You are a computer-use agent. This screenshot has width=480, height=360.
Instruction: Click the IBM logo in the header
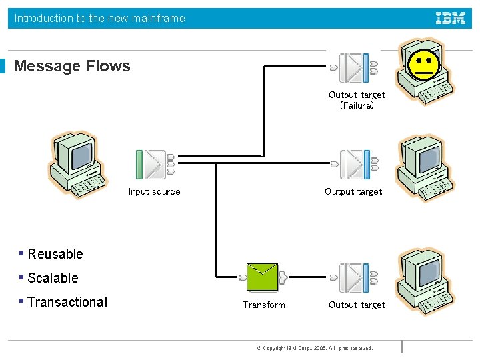[x=451, y=19]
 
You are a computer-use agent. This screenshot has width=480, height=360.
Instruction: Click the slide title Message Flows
[x=72, y=66]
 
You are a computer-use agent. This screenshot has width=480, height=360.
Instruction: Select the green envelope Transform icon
[x=262, y=276]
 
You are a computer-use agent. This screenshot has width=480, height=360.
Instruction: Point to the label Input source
[x=154, y=192]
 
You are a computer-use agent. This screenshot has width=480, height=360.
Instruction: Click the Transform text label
[x=263, y=305]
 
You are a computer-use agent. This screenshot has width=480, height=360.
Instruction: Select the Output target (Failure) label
[x=357, y=100]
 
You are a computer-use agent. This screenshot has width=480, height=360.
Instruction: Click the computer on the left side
[x=77, y=165]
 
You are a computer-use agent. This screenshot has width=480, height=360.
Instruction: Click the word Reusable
[x=55, y=255]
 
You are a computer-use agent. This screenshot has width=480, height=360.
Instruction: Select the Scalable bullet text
[x=53, y=279]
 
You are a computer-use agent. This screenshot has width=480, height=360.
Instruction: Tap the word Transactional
[x=67, y=303]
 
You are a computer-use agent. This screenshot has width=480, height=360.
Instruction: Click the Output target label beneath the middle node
[x=353, y=192]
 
